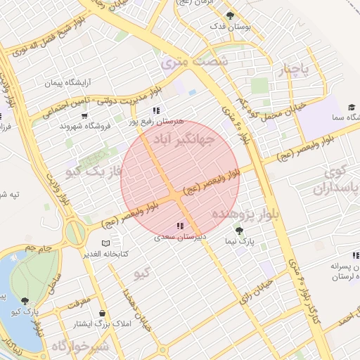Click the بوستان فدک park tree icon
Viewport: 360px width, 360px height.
pyautogui.click(x=230, y=15)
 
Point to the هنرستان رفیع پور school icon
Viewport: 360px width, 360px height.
pyautogui.click(x=155, y=110)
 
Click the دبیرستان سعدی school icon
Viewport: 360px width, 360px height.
pyautogui.click(x=180, y=226)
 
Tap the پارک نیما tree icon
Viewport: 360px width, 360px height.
pyautogui.click(x=239, y=230)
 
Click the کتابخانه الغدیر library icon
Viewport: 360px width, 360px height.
pyautogui.click(x=105, y=243)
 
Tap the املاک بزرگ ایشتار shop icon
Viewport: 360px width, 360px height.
pyautogui.click(x=103, y=314)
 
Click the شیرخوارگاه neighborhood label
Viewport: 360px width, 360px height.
pyautogui.click(x=81, y=347)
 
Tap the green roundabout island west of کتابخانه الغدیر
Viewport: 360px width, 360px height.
pyautogui.click(x=75, y=232)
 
